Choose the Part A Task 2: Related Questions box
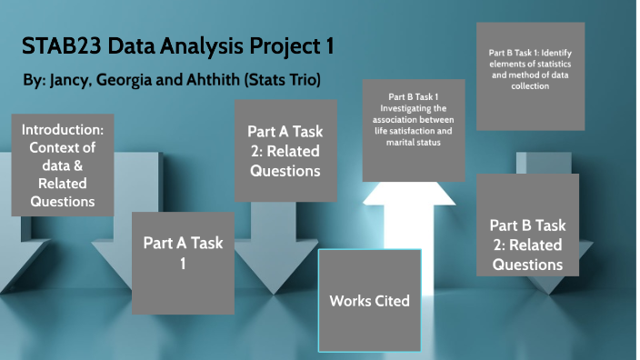[x=285, y=150]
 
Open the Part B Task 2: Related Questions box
[x=528, y=245]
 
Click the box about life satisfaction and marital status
[x=414, y=130]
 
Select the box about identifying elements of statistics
[x=530, y=75]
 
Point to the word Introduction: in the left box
[x=63, y=131]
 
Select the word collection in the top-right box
[x=530, y=86]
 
